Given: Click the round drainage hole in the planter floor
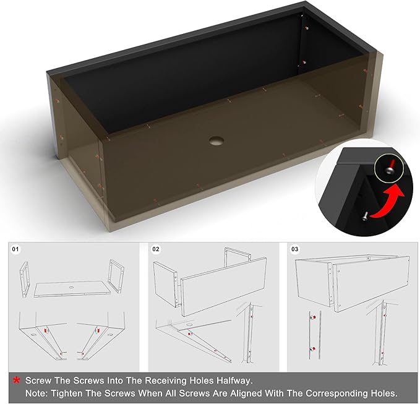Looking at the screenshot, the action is pyautogui.click(x=216, y=141).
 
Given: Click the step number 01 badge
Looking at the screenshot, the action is pyautogui.click(x=15, y=249).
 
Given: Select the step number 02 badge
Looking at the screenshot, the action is pyautogui.click(x=156, y=249).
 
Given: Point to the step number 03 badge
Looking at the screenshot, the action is pyautogui.click(x=294, y=249).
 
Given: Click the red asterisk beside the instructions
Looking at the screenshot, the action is pyautogui.click(x=17, y=380).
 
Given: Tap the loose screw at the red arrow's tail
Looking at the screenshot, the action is pyautogui.click(x=365, y=216).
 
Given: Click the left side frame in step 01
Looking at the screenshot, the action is pyautogui.click(x=24, y=279).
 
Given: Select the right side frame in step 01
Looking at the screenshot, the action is pyautogui.click(x=116, y=276).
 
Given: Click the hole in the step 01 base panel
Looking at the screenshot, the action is pyautogui.click(x=71, y=288).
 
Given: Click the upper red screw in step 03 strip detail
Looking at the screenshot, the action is pyautogui.click(x=312, y=317).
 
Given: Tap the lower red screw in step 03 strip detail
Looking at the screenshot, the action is pyautogui.click(x=312, y=349).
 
